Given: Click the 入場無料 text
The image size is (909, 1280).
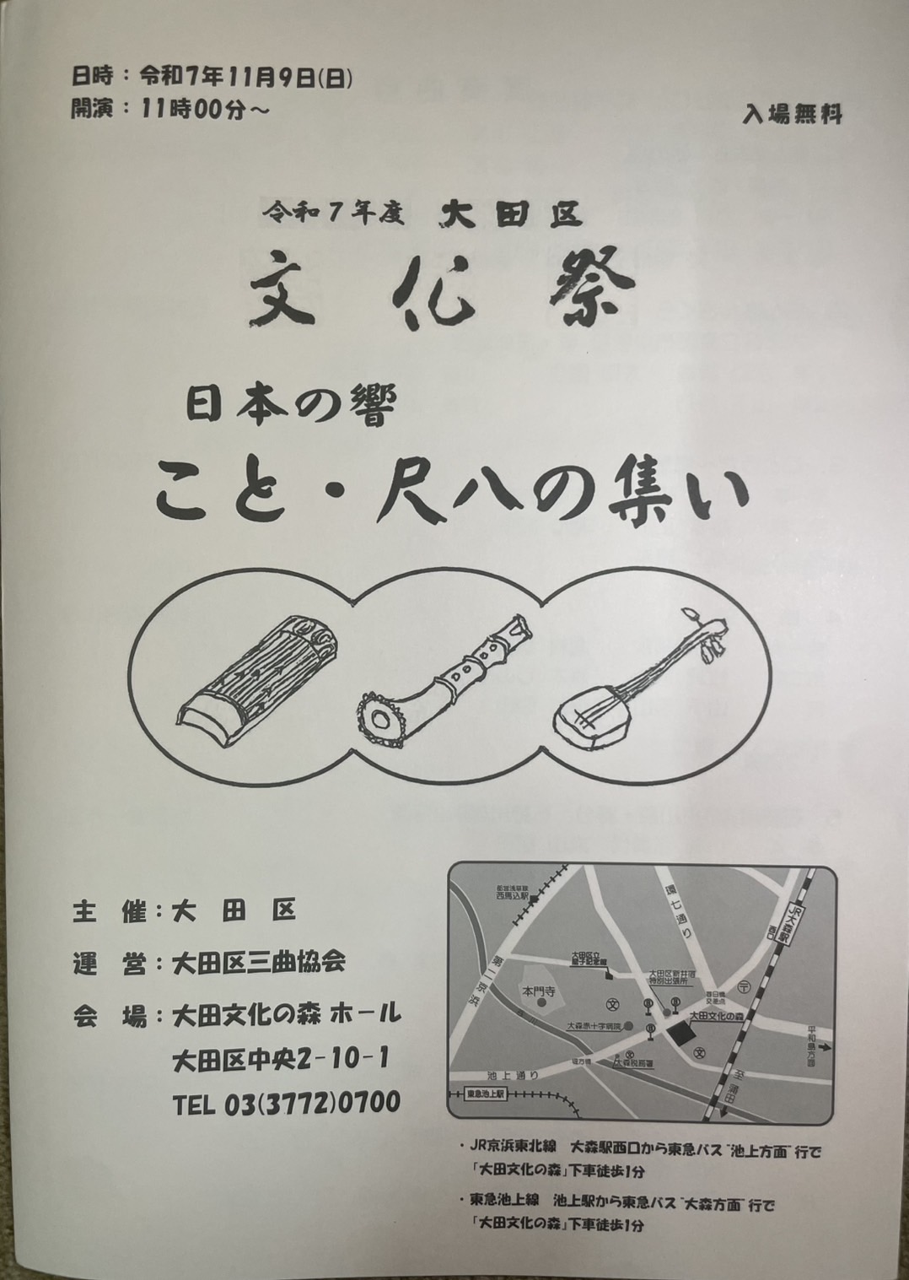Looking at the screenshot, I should pyautogui.click(x=792, y=114).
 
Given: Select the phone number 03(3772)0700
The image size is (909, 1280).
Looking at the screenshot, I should pyautogui.click(x=287, y=1102).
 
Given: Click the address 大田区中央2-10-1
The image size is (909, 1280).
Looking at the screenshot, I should pyautogui.click(x=279, y=1058).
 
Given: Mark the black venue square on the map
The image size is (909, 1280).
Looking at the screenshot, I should pyautogui.click(x=680, y=1034).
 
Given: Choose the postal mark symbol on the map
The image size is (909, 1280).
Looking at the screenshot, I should pyautogui.click(x=742, y=986).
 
